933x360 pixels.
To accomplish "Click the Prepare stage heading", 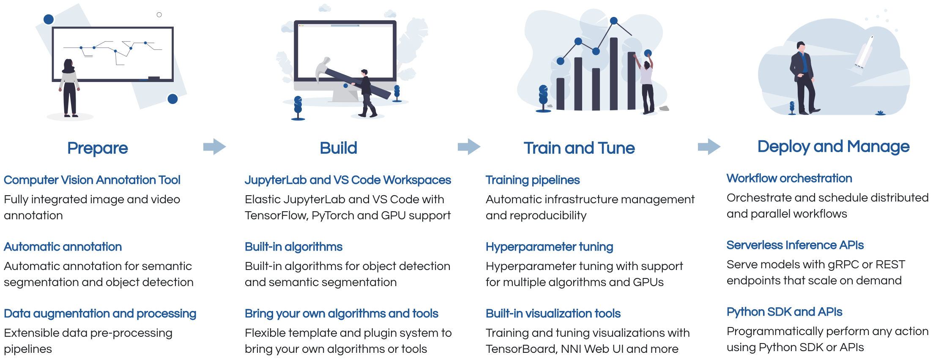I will tap(98, 148).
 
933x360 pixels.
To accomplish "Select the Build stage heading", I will tap(338, 148).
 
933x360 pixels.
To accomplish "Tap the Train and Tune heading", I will tap(579, 148).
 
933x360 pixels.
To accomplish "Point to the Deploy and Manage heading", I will tap(833, 147).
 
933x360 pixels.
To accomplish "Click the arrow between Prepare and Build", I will tap(215, 147).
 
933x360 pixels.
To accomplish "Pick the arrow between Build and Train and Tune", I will tap(469, 147).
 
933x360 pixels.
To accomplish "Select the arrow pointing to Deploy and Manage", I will tap(709, 147).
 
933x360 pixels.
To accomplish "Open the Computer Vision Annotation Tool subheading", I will tap(92, 180).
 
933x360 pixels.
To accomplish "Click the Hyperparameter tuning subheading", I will tap(549, 247).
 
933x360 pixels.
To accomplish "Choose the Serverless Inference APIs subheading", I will tap(795, 245).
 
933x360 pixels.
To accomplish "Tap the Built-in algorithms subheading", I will tap(293, 247).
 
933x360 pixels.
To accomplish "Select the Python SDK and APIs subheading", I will tap(784, 312).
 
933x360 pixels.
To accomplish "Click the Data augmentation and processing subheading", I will tap(100, 314).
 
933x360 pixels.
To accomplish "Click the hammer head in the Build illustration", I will tap(323, 68).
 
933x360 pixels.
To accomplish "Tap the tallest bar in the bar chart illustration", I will tap(614, 74).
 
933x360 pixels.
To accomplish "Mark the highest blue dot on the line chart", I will tap(614, 21).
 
